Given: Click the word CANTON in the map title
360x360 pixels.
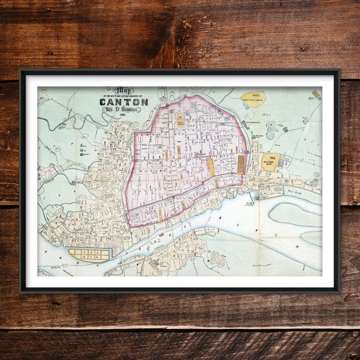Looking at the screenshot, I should [123, 102].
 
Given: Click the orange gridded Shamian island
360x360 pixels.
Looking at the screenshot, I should [89, 254].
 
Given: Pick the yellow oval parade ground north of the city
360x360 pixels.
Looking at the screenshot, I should [253, 98].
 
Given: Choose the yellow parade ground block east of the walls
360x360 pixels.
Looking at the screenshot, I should [270, 162].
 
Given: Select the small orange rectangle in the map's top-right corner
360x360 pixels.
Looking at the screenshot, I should [315, 94].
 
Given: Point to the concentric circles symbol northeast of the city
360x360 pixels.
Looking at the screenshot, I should [270, 135].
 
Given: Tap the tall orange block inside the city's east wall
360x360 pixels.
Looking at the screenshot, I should [240, 164].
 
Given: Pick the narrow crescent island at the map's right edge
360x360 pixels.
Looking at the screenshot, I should [312, 237].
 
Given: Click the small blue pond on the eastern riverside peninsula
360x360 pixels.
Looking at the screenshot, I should [277, 188].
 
